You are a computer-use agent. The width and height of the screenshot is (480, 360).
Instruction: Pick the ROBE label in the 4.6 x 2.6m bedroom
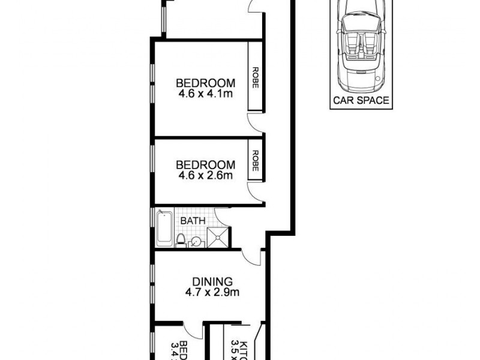click(x=256, y=161)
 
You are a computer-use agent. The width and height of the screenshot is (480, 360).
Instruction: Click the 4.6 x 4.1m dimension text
click(x=205, y=94)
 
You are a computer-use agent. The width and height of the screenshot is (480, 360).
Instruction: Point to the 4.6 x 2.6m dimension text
click(x=205, y=176)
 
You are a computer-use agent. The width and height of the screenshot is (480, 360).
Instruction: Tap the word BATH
click(x=193, y=221)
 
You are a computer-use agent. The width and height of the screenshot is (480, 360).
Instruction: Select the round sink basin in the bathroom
click(x=196, y=242)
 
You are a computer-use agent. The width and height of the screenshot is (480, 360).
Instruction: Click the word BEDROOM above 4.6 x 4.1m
click(x=205, y=83)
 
